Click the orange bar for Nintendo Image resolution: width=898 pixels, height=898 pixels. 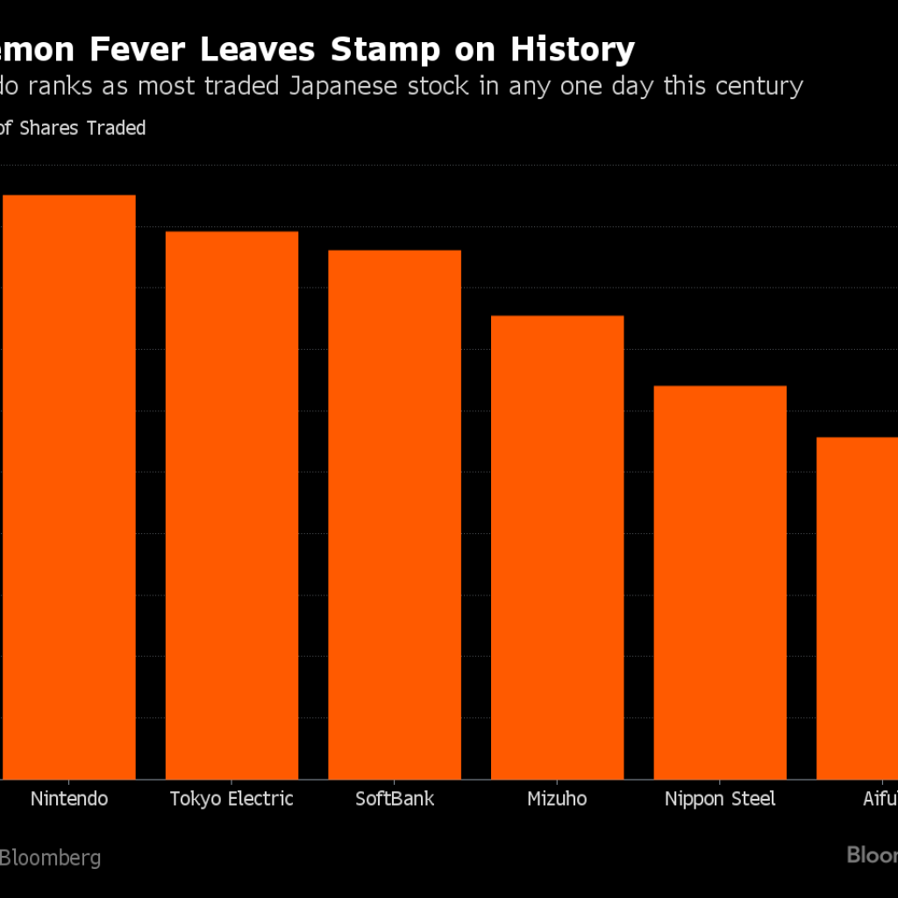[69, 487]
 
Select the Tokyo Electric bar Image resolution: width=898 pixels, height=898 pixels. [232, 505]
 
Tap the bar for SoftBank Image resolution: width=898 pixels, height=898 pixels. [395, 515]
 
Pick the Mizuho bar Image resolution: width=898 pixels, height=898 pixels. [557, 547]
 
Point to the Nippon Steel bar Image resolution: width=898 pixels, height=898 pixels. [720, 582]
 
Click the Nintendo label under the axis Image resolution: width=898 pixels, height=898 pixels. [69, 799]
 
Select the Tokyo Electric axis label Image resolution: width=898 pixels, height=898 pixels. [232, 799]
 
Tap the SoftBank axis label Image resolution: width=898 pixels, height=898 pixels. [395, 799]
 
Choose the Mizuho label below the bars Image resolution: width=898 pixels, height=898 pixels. [557, 799]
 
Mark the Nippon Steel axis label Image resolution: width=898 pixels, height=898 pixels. [720, 799]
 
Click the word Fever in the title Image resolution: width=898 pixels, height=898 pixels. [140, 50]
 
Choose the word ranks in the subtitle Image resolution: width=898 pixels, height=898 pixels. [65, 86]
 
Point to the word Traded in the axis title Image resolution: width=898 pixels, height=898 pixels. [116, 128]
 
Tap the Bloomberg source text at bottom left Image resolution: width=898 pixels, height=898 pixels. [50, 858]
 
